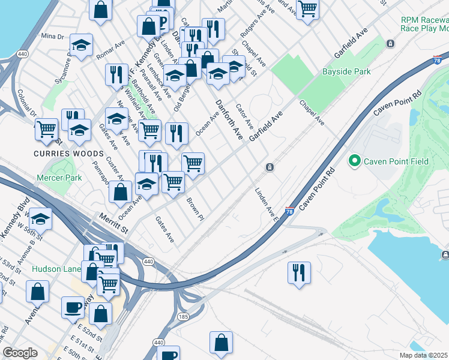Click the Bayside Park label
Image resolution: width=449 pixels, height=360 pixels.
tap(346, 72)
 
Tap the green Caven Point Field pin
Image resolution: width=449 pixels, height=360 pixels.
tap(354, 161)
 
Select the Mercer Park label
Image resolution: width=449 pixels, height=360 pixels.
tap(59, 178)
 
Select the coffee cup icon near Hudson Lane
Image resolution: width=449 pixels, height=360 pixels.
tap(73, 307)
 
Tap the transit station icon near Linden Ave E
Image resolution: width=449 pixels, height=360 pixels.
tap(270, 167)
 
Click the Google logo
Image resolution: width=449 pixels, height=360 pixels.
tap(20, 353)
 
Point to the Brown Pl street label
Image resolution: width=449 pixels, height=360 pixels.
tap(196, 208)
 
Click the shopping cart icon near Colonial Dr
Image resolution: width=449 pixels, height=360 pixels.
tap(46, 128)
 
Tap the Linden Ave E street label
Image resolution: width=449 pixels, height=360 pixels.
tap(265, 205)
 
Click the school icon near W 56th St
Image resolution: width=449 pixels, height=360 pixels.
tap(40, 219)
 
